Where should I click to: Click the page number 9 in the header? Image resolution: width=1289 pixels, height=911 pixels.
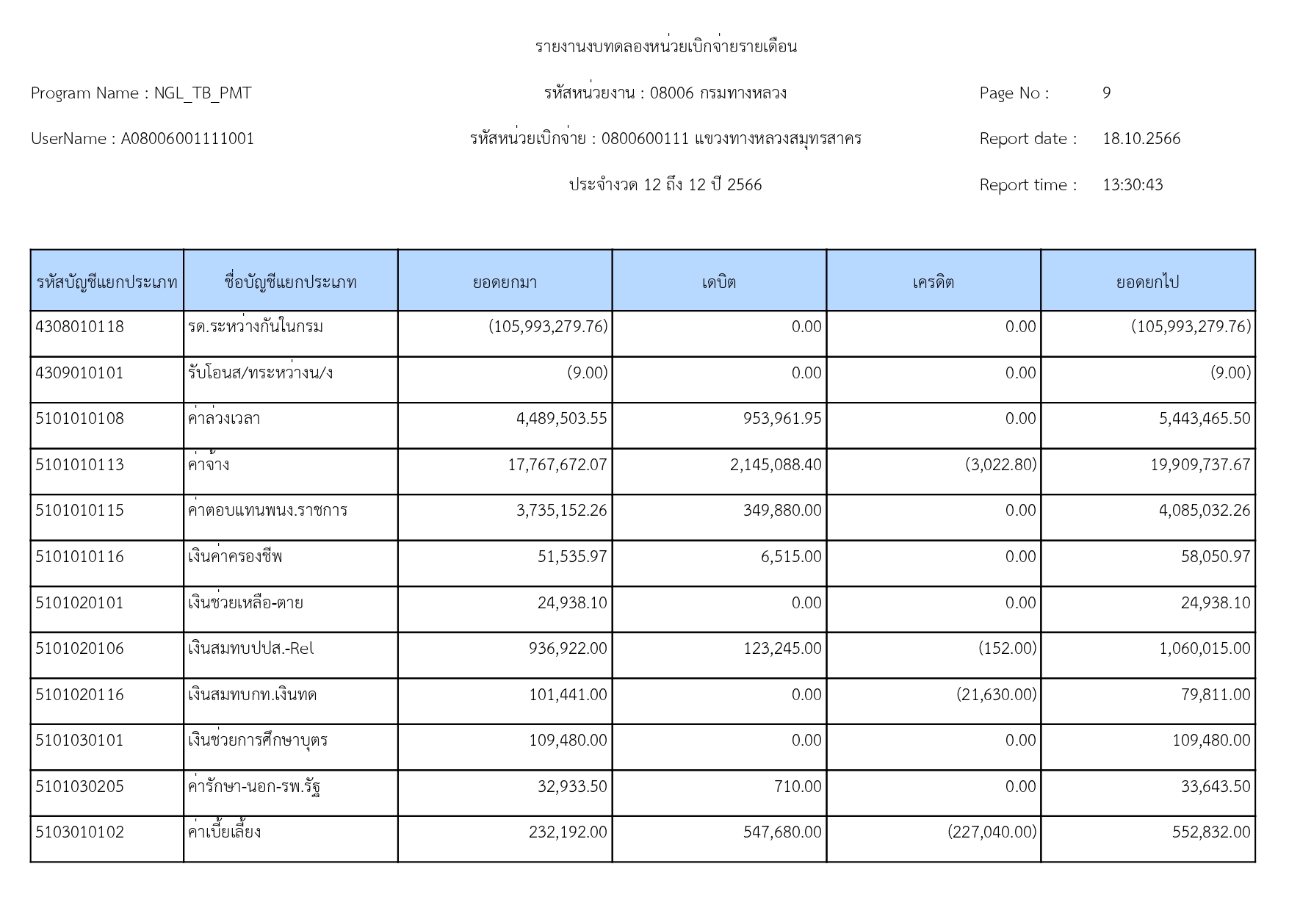point(1106,93)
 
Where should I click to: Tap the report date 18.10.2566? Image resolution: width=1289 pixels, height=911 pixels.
point(1141,139)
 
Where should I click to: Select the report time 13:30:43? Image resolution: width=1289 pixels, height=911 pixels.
point(1132,185)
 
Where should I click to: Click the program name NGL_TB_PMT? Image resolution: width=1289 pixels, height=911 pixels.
point(202,93)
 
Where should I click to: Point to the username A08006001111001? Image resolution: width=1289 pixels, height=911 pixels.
point(187,139)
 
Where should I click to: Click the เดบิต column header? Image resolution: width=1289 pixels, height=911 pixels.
point(718,282)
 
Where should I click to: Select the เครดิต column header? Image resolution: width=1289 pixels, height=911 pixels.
point(933,282)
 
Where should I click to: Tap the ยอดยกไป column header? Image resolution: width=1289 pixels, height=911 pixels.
point(1147,282)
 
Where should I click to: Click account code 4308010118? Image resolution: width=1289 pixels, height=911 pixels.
point(80,327)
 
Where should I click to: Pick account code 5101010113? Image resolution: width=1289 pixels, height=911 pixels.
point(80,465)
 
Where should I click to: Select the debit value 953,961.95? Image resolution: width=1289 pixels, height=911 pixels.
point(781,419)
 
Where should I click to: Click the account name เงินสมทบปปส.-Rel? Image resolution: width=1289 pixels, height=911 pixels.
point(250,649)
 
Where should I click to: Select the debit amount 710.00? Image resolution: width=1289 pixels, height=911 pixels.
point(798,787)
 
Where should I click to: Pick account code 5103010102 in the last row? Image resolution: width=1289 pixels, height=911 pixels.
point(80,832)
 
